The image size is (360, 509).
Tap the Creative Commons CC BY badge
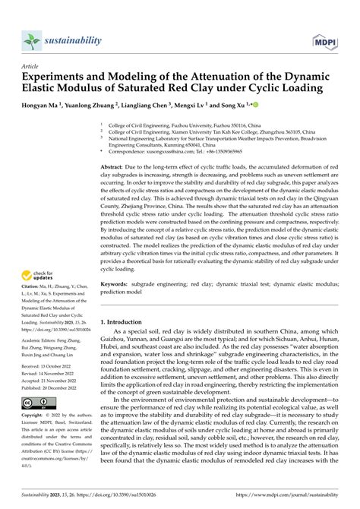tap(36, 401)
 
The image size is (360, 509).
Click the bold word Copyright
tap(33, 416)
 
